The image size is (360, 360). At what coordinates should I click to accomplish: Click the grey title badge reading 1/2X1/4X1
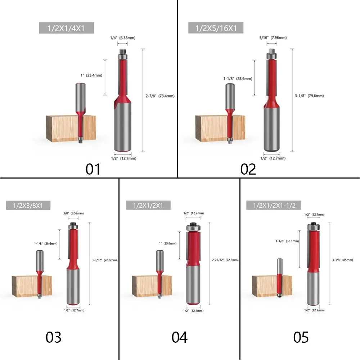(66, 28)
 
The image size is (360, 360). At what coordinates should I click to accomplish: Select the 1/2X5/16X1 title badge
(216, 28)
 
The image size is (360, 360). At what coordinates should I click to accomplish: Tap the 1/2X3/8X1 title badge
(28, 205)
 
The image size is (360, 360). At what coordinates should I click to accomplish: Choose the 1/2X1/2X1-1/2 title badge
(274, 205)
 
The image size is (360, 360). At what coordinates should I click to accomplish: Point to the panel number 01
(93, 170)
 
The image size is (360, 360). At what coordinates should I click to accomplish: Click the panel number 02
(248, 170)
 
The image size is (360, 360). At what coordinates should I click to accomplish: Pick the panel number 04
(180, 337)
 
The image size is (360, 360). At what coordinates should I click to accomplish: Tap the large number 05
(301, 337)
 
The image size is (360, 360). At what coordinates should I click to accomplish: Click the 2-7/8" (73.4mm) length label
(160, 96)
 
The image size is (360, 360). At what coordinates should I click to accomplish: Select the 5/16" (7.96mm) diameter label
(273, 38)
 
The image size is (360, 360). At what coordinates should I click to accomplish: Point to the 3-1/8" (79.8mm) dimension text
(309, 96)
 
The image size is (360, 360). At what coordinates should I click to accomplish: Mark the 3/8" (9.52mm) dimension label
(73, 213)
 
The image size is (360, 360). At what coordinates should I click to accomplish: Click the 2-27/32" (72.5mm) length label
(225, 260)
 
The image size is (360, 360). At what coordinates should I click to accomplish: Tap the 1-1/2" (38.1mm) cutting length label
(287, 241)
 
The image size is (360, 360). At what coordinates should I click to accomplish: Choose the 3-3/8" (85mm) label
(343, 260)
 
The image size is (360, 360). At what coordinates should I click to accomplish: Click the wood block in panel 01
(71, 129)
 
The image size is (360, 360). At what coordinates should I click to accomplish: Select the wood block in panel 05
(272, 285)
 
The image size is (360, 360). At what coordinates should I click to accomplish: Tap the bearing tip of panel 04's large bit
(193, 227)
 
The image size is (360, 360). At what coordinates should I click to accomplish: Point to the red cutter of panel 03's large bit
(73, 248)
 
